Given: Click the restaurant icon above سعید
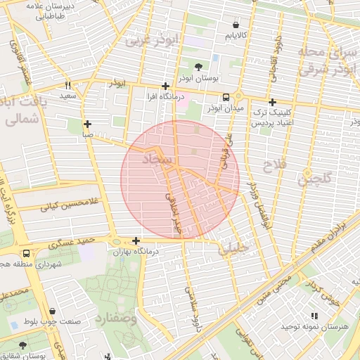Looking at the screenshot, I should (x=68, y=85).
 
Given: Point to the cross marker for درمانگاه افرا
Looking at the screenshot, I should (x=165, y=85).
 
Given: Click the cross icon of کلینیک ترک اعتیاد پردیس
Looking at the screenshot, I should (x=273, y=102).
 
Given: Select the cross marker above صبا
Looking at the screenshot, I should (x=87, y=124).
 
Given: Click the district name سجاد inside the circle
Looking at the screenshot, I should (x=156, y=160).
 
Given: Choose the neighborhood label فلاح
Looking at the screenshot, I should (x=271, y=166).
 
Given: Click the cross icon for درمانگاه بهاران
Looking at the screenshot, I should (x=136, y=240).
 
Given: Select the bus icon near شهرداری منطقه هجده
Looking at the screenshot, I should (x=26, y=253).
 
